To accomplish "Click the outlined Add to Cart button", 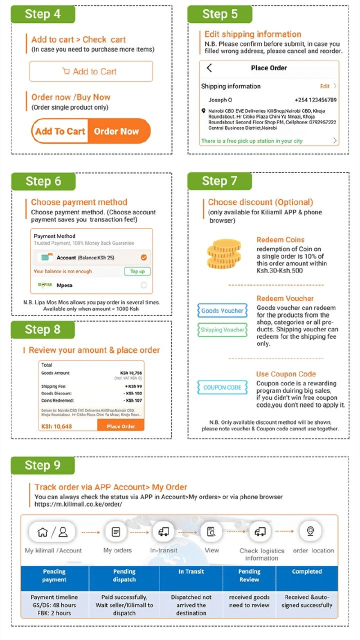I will coord(91,71).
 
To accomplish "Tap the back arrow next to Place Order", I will coord(209,68).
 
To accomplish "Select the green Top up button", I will coord(137,271).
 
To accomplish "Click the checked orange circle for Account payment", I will coord(144,257).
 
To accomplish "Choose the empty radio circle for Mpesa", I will coord(144,285).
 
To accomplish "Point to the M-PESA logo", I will coord(45,285).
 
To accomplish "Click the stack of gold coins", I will coord(224,255).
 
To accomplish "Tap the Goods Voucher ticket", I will coord(222,311).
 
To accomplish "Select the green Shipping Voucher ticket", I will coord(222,330).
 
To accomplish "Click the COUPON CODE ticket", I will coord(222,387).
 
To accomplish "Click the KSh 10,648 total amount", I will coord(56,426).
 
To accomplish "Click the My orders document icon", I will coord(116,531).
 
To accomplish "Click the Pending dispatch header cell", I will coord(124,575).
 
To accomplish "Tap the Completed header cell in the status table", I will coord(307,571).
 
